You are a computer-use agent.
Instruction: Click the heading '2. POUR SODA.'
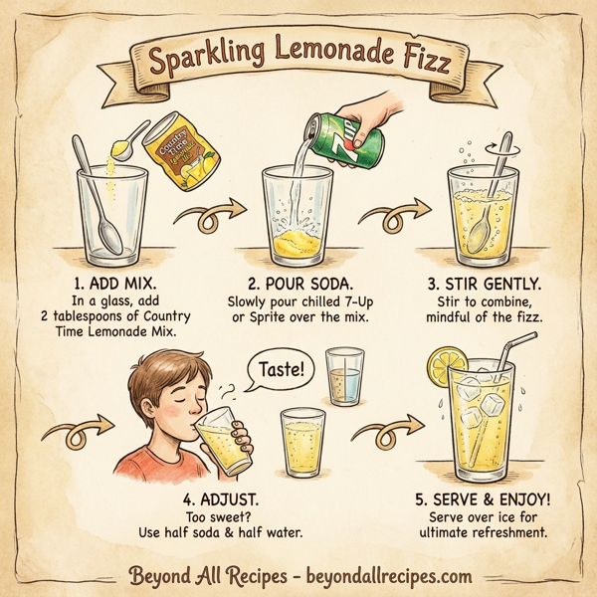pyautogui.click(x=298, y=267)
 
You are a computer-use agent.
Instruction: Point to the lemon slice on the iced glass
pyautogui.click(x=440, y=367)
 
